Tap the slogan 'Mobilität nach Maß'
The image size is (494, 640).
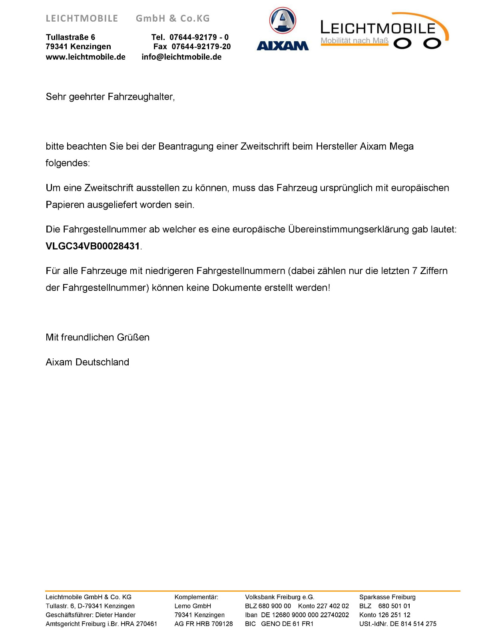(x=355, y=40)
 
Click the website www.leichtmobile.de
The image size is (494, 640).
(x=86, y=57)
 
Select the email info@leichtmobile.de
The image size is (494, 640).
(x=181, y=57)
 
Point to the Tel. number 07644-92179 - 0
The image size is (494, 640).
(x=199, y=37)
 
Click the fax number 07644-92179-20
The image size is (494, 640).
(x=201, y=46)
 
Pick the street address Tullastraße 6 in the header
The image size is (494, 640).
(x=70, y=37)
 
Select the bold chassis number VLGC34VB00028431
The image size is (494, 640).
(x=93, y=246)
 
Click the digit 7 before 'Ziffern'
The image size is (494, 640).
(x=414, y=271)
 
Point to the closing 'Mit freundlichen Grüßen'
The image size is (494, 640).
(x=98, y=337)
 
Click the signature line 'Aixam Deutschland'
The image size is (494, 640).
(x=88, y=362)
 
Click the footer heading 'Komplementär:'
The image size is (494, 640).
(x=196, y=597)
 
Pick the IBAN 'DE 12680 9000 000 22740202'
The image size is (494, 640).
(x=305, y=615)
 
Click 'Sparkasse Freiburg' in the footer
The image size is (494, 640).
(x=387, y=597)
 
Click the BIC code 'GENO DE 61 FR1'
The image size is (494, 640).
(x=287, y=624)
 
